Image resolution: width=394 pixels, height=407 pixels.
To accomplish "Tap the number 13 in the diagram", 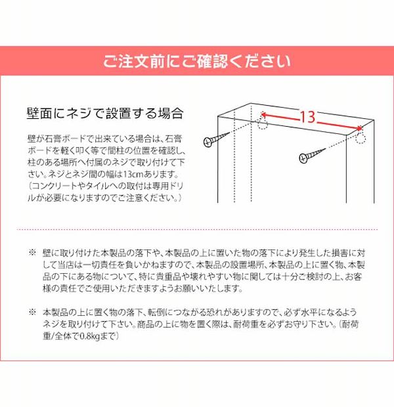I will coord(307,118).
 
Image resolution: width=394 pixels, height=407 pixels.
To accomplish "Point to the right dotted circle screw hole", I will coord(360,138).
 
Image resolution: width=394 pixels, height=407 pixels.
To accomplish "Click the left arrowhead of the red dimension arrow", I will coord(264,114).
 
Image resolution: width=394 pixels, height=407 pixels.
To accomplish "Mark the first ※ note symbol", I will coord(33,253).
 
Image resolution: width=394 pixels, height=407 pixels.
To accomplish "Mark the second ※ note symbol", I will coord(33,312).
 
